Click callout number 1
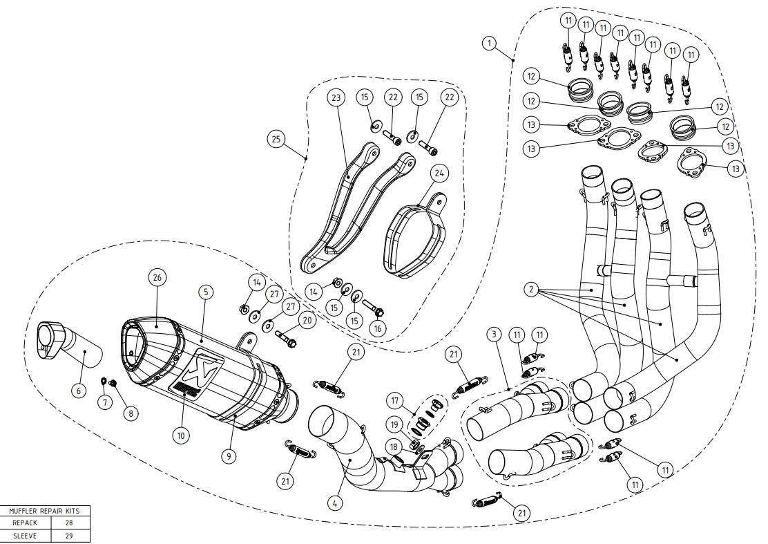pyautogui.click(x=489, y=44)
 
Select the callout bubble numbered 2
pyautogui.click(x=530, y=290)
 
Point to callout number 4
pyautogui.click(x=334, y=503)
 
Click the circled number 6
pyautogui.click(x=78, y=391)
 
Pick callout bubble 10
pyautogui.click(x=180, y=436)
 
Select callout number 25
pyautogui.click(x=276, y=139)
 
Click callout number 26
pyautogui.click(x=157, y=278)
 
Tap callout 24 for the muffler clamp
pyautogui.click(x=439, y=172)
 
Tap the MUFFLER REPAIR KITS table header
pyautogui.click(x=45, y=511)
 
